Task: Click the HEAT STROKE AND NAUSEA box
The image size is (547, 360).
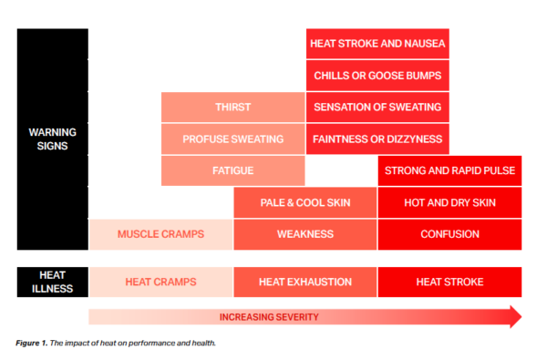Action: point(377,43)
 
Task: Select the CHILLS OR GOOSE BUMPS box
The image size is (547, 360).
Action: point(377,75)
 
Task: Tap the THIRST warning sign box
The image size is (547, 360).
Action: point(232,107)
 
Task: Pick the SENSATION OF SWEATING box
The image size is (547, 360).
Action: point(377,107)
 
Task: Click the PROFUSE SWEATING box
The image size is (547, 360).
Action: point(232,139)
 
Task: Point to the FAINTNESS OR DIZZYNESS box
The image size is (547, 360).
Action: point(377,139)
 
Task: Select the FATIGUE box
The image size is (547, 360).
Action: point(232,170)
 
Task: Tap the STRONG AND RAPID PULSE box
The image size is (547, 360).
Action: point(449,170)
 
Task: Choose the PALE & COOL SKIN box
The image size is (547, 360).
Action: point(304,202)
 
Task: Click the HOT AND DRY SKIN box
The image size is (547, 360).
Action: point(449,202)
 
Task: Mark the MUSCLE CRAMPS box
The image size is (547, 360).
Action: point(160,234)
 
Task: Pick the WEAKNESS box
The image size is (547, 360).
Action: point(304,234)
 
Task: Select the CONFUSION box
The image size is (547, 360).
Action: point(449,234)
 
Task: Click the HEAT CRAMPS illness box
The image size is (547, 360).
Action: point(160,283)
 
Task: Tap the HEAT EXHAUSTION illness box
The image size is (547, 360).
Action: point(304,283)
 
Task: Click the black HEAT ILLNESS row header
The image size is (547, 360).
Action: point(52,283)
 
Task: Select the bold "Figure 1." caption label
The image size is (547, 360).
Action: point(35,344)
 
